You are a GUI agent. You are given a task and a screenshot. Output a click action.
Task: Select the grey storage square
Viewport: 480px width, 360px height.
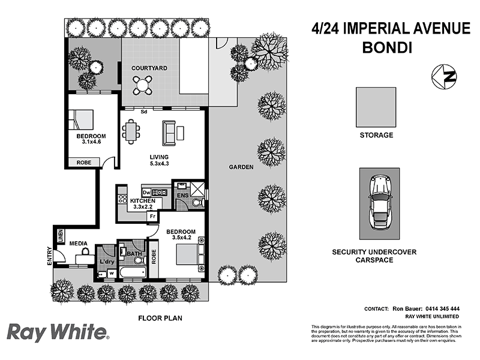tap(376, 107)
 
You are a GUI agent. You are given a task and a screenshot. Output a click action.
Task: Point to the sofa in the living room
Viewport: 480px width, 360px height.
tap(170, 132)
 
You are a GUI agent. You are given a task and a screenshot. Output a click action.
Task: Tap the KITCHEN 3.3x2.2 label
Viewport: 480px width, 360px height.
tap(142, 203)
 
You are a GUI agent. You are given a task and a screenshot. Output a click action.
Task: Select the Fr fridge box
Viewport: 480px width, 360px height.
tap(153, 215)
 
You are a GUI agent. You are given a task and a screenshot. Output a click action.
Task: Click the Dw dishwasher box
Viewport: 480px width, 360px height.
tap(146, 192)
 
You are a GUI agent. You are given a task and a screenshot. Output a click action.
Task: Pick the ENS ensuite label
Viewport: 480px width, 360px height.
tap(182, 196)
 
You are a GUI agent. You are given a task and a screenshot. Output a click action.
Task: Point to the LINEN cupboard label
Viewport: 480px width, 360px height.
tap(61, 236)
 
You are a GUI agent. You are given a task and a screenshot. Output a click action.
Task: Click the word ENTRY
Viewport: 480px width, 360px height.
tap(49, 257)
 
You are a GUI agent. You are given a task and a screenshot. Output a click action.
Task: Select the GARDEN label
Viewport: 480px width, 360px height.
tap(241, 167)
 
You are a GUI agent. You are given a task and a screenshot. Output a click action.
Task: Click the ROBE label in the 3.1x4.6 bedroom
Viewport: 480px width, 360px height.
tap(83, 163)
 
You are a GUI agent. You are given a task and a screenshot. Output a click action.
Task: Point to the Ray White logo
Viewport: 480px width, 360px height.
tap(58, 332)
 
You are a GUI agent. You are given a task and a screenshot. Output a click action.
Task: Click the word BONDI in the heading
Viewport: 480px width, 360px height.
tap(387, 47)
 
